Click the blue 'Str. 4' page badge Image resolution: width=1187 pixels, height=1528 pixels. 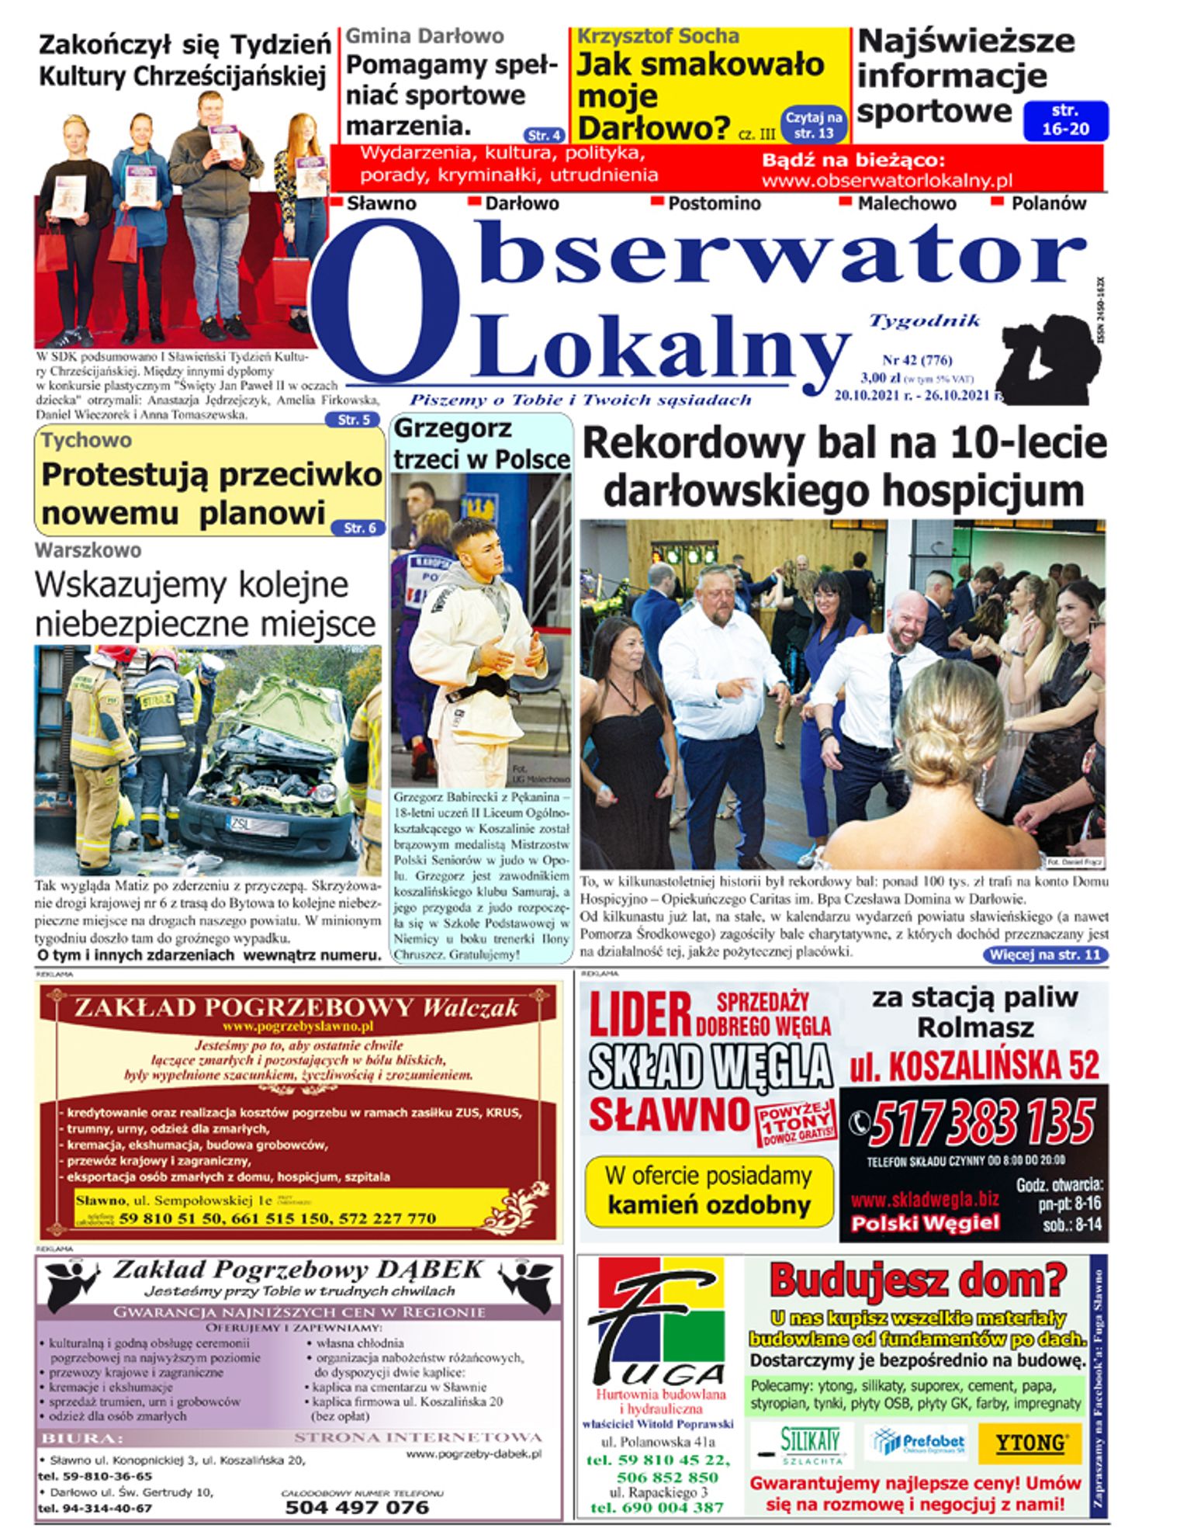[x=545, y=134]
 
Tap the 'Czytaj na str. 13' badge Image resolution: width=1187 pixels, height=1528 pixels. [x=814, y=125]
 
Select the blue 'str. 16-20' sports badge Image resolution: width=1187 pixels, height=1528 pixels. [x=1065, y=120]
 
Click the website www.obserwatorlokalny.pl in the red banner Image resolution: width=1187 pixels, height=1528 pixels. [x=887, y=181]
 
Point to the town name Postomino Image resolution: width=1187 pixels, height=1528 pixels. [x=714, y=204]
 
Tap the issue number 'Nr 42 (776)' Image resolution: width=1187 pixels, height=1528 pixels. [x=917, y=360]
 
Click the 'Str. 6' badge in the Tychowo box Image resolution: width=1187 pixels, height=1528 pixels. [x=358, y=528]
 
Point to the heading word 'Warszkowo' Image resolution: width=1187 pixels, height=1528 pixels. [x=88, y=550]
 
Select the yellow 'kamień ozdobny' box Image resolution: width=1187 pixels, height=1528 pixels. [x=708, y=1191]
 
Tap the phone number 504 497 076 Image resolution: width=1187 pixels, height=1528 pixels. [x=357, y=1507]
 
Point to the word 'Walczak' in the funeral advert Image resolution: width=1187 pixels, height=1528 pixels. [x=470, y=1008]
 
